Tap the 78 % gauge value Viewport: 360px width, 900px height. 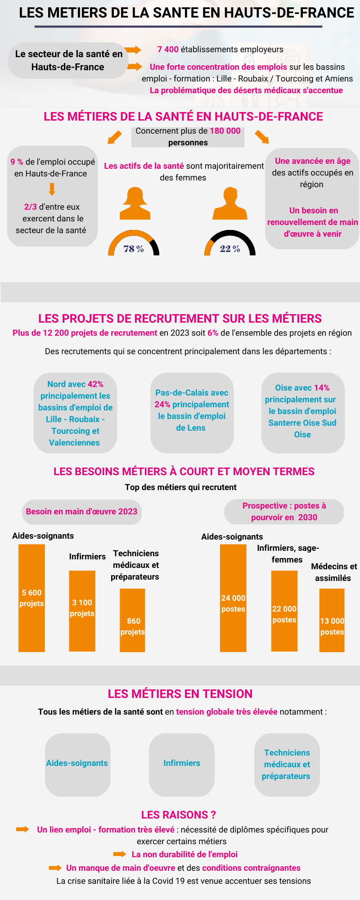[x=134, y=249]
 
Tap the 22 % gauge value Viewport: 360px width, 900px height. [x=230, y=249]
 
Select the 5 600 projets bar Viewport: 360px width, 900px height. [x=31, y=598]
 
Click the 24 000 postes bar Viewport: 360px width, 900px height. [x=233, y=598]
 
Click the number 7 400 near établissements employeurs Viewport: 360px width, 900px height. [x=168, y=49]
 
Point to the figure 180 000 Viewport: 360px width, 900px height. [x=225, y=131]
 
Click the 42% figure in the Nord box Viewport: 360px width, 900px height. [x=95, y=384]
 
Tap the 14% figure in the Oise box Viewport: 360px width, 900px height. [x=322, y=388]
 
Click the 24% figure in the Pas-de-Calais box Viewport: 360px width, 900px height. [x=162, y=405]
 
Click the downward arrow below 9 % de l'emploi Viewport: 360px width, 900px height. [x=52, y=189]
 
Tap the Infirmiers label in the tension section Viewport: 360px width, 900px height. [x=182, y=763]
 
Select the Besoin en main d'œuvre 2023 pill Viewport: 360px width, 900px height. [x=81, y=512]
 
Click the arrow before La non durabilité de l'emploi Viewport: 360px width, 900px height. [x=120, y=854]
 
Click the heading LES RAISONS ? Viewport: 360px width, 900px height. [x=179, y=815]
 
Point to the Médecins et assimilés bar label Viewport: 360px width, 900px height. [x=333, y=572]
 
